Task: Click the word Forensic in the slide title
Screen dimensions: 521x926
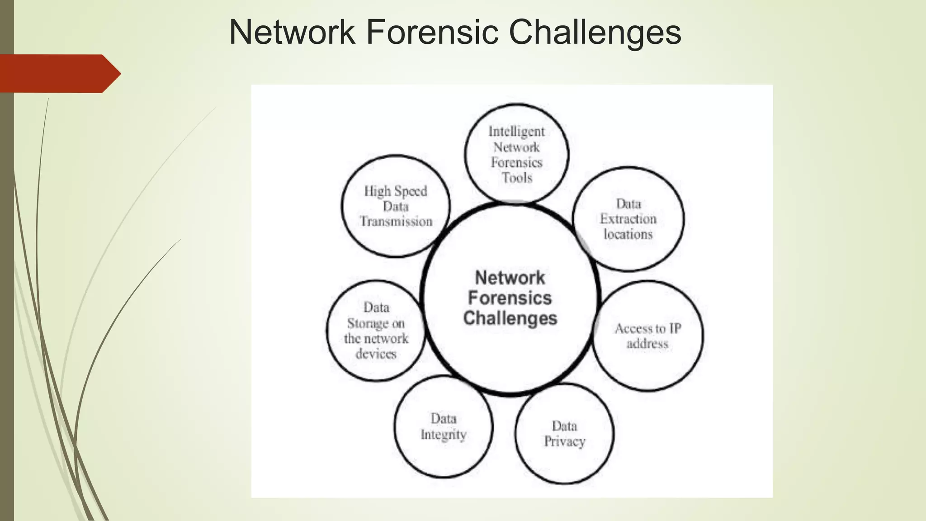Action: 432,33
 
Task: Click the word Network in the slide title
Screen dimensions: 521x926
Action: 292,33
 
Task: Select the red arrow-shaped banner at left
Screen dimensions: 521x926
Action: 59,73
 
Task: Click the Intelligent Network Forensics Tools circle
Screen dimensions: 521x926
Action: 516,154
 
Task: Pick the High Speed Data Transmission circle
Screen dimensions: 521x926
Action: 396,206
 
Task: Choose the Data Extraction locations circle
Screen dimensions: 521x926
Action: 628,219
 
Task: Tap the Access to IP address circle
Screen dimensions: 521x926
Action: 647,336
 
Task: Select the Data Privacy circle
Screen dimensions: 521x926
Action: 564,433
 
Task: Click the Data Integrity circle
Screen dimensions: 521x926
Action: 443,426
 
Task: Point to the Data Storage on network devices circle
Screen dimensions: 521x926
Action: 376,330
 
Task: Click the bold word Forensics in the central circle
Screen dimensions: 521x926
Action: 510,298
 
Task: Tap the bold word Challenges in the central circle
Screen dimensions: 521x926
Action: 510,318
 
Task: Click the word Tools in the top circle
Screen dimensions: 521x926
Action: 517,178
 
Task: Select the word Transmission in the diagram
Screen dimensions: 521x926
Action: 396,222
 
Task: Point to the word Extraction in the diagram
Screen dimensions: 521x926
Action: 628,219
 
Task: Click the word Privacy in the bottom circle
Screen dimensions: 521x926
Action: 564,441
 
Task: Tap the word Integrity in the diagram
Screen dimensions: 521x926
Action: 443,434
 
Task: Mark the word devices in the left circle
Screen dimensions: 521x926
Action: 376,353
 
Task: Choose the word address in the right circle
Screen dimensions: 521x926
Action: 647,344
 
